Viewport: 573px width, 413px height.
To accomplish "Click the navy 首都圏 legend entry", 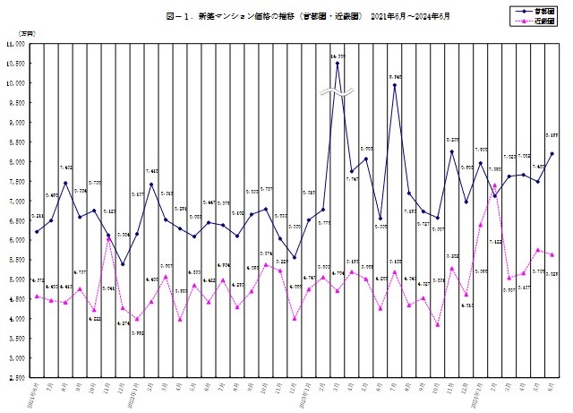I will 534,10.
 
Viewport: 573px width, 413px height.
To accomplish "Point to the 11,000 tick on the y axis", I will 13,43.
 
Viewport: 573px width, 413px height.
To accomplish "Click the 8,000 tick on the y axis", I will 15,161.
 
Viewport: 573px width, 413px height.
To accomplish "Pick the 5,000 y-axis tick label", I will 15,280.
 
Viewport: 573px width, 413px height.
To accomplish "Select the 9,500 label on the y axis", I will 15,102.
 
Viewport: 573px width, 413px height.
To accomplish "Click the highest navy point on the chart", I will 338,63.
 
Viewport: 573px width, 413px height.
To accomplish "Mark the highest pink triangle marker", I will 495,185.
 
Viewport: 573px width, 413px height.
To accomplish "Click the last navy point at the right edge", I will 552,153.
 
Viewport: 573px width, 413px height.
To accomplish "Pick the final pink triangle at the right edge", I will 552,254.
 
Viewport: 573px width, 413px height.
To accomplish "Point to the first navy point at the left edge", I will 37,231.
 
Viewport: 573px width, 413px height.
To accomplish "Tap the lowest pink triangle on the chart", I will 438,324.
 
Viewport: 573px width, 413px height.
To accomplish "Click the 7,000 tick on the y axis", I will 15,201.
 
